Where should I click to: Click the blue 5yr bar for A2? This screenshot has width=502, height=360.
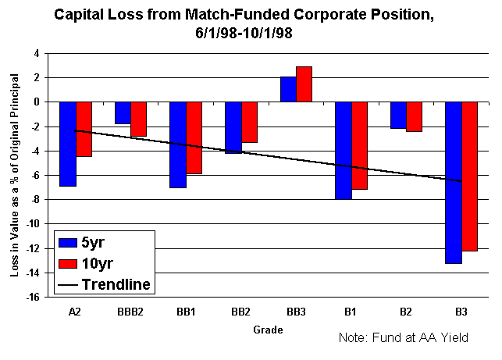[68, 144]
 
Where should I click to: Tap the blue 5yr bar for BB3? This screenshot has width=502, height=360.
[288, 89]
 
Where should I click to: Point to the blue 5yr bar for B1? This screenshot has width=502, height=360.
[343, 150]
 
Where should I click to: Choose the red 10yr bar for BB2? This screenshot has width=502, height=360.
[249, 122]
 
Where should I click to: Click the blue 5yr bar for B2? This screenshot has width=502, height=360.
[398, 115]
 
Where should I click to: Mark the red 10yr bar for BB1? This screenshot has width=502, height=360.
[194, 137]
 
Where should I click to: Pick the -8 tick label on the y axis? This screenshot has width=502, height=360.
[35, 200]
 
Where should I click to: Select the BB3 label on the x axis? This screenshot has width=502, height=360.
[296, 312]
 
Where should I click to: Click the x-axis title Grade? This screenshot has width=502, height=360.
[268, 330]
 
